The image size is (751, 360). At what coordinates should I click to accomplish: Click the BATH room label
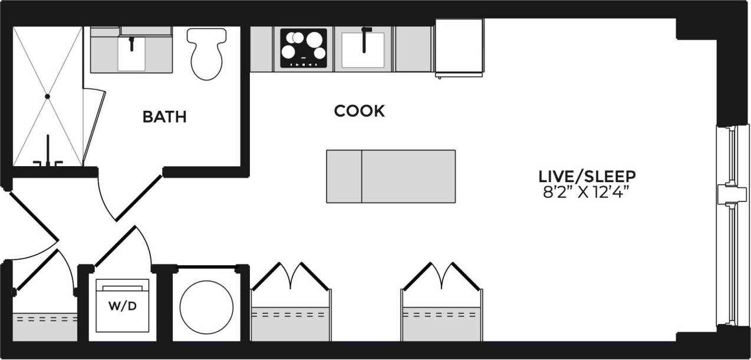point(164,117)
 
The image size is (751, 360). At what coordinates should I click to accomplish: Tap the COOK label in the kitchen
point(359,111)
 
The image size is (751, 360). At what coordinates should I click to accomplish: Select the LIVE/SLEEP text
point(587,176)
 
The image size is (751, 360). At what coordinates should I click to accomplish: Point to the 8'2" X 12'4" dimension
point(587,192)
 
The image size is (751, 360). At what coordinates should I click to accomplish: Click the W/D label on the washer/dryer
point(122,307)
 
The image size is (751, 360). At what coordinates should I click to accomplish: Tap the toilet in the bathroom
point(206,54)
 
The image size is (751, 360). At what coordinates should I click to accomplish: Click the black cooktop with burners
point(303,48)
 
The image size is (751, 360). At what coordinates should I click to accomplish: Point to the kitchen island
point(391,176)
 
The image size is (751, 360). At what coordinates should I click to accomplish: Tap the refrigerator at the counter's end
point(459,47)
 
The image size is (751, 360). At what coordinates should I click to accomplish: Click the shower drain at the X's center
point(48,95)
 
